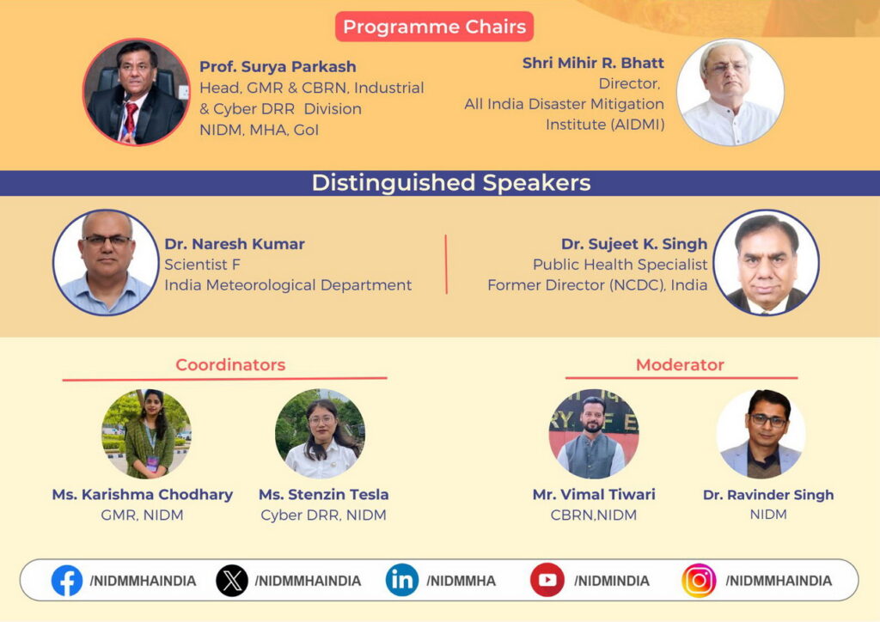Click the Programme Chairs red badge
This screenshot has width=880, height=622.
point(434,27)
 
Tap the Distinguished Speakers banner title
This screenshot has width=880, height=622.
point(451,183)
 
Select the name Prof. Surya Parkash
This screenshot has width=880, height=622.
point(278,67)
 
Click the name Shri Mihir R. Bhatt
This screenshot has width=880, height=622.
point(593,63)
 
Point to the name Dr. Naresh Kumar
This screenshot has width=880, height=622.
point(235,244)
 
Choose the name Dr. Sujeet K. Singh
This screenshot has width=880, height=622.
point(634,244)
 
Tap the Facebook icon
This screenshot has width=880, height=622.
point(67,581)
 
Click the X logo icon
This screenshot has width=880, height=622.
point(232,581)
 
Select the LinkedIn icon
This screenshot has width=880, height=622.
point(402,580)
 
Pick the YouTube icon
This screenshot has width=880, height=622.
point(547,580)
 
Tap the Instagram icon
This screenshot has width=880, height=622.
point(699,581)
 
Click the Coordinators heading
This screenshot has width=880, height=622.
point(230,365)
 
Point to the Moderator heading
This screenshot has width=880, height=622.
point(680,365)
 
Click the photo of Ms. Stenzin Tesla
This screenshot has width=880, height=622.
point(320,434)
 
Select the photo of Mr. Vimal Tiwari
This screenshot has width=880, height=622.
point(593,434)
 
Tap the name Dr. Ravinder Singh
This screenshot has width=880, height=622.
point(768,495)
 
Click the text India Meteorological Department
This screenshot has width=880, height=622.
point(288,285)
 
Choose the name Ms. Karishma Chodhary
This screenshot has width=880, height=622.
point(143,495)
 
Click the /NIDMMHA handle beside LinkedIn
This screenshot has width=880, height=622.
point(461,581)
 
